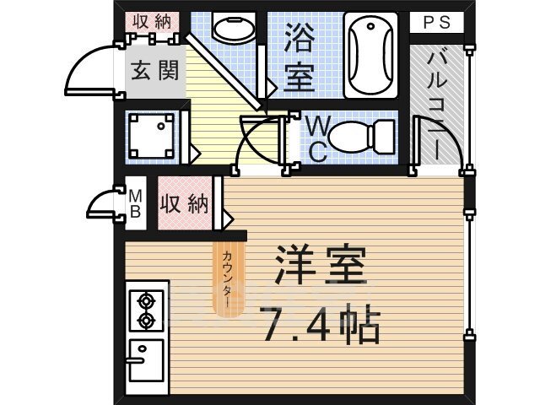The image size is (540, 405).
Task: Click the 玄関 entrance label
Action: (155, 69)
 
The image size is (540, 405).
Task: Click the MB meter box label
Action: (133, 204)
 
